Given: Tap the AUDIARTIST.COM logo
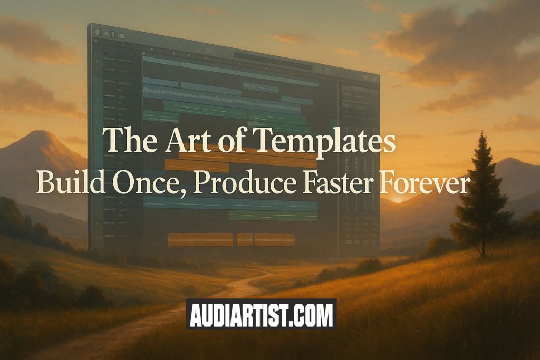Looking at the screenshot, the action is [262, 314].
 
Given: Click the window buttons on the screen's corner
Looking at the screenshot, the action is [110, 33].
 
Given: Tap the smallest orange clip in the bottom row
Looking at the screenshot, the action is [245, 240].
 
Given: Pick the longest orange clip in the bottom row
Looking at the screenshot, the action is [200, 240].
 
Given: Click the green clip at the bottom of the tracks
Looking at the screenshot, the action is [274, 216].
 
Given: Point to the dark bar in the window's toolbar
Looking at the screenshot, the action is [273, 61].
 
